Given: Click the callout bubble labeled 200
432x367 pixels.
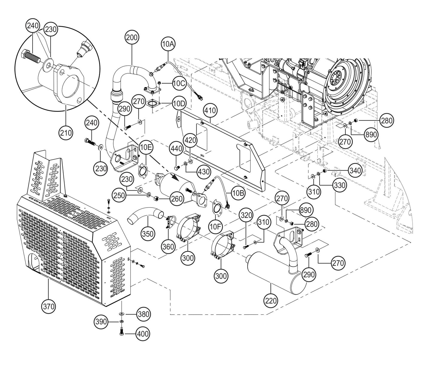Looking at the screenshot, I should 132,38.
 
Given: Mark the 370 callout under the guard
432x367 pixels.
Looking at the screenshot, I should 49,306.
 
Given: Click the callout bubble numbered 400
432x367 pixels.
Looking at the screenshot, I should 143,333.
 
